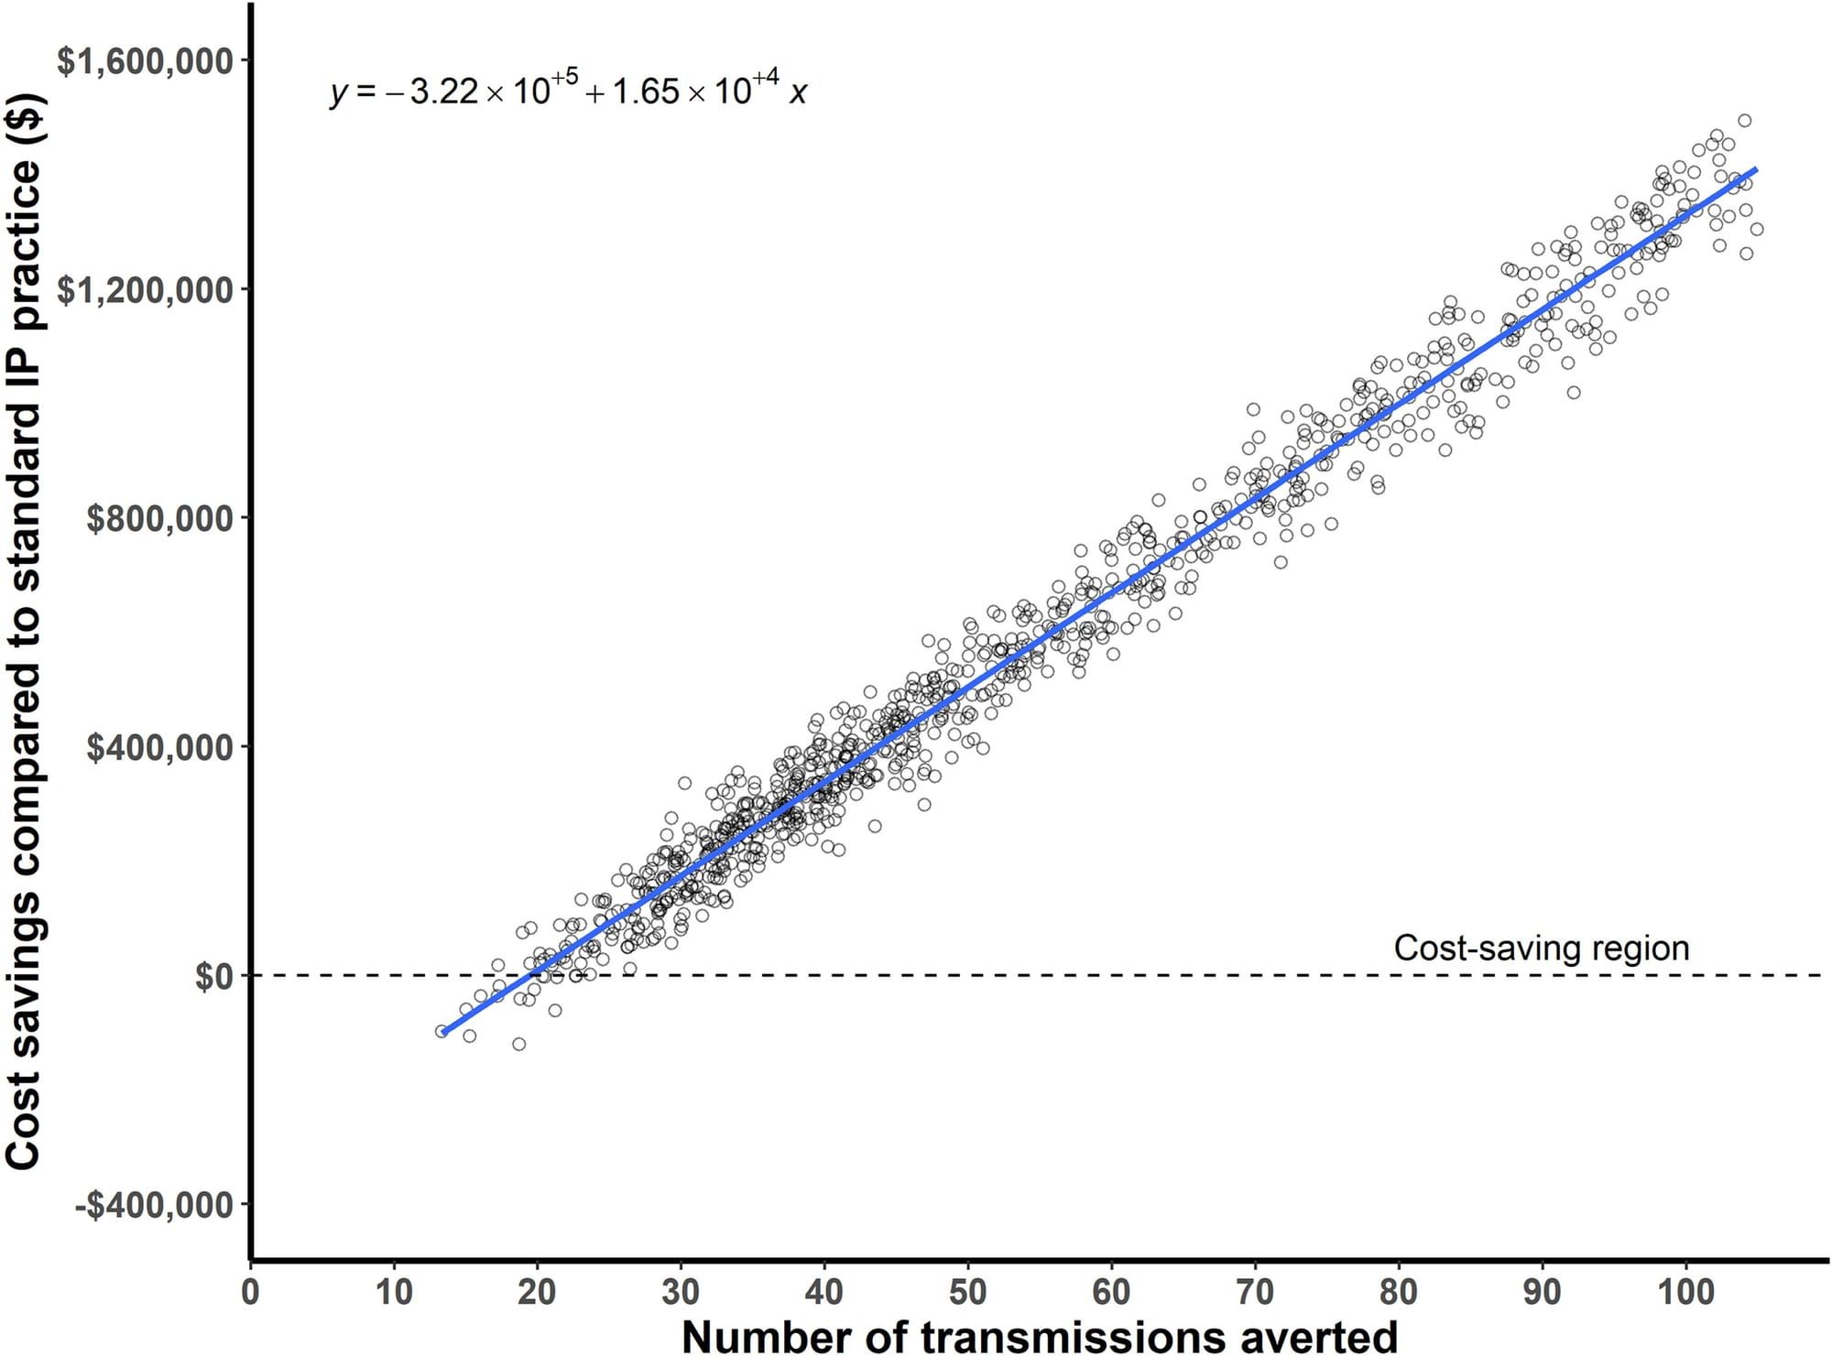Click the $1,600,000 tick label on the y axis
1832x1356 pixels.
point(144,61)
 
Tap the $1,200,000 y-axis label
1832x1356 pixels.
point(144,290)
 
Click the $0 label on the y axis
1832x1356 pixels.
point(214,977)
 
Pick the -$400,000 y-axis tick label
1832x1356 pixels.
point(153,1206)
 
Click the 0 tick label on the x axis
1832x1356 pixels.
point(250,1292)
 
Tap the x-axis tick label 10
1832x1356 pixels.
point(393,1292)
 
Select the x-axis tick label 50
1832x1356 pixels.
point(967,1292)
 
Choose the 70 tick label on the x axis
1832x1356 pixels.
point(1255,1292)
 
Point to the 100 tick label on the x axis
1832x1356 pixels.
point(1685,1292)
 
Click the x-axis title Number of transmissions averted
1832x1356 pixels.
point(1039,1336)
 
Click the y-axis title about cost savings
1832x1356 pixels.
point(25,632)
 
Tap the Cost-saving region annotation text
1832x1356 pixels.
point(1541,948)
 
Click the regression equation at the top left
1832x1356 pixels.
point(568,91)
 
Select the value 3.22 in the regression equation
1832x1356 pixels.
point(443,92)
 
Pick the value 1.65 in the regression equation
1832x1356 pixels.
point(646,92)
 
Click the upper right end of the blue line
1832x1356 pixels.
point(1755,169)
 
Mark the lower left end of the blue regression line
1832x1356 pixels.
point(443,1033)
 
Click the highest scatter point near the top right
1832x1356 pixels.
point(1744,121)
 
